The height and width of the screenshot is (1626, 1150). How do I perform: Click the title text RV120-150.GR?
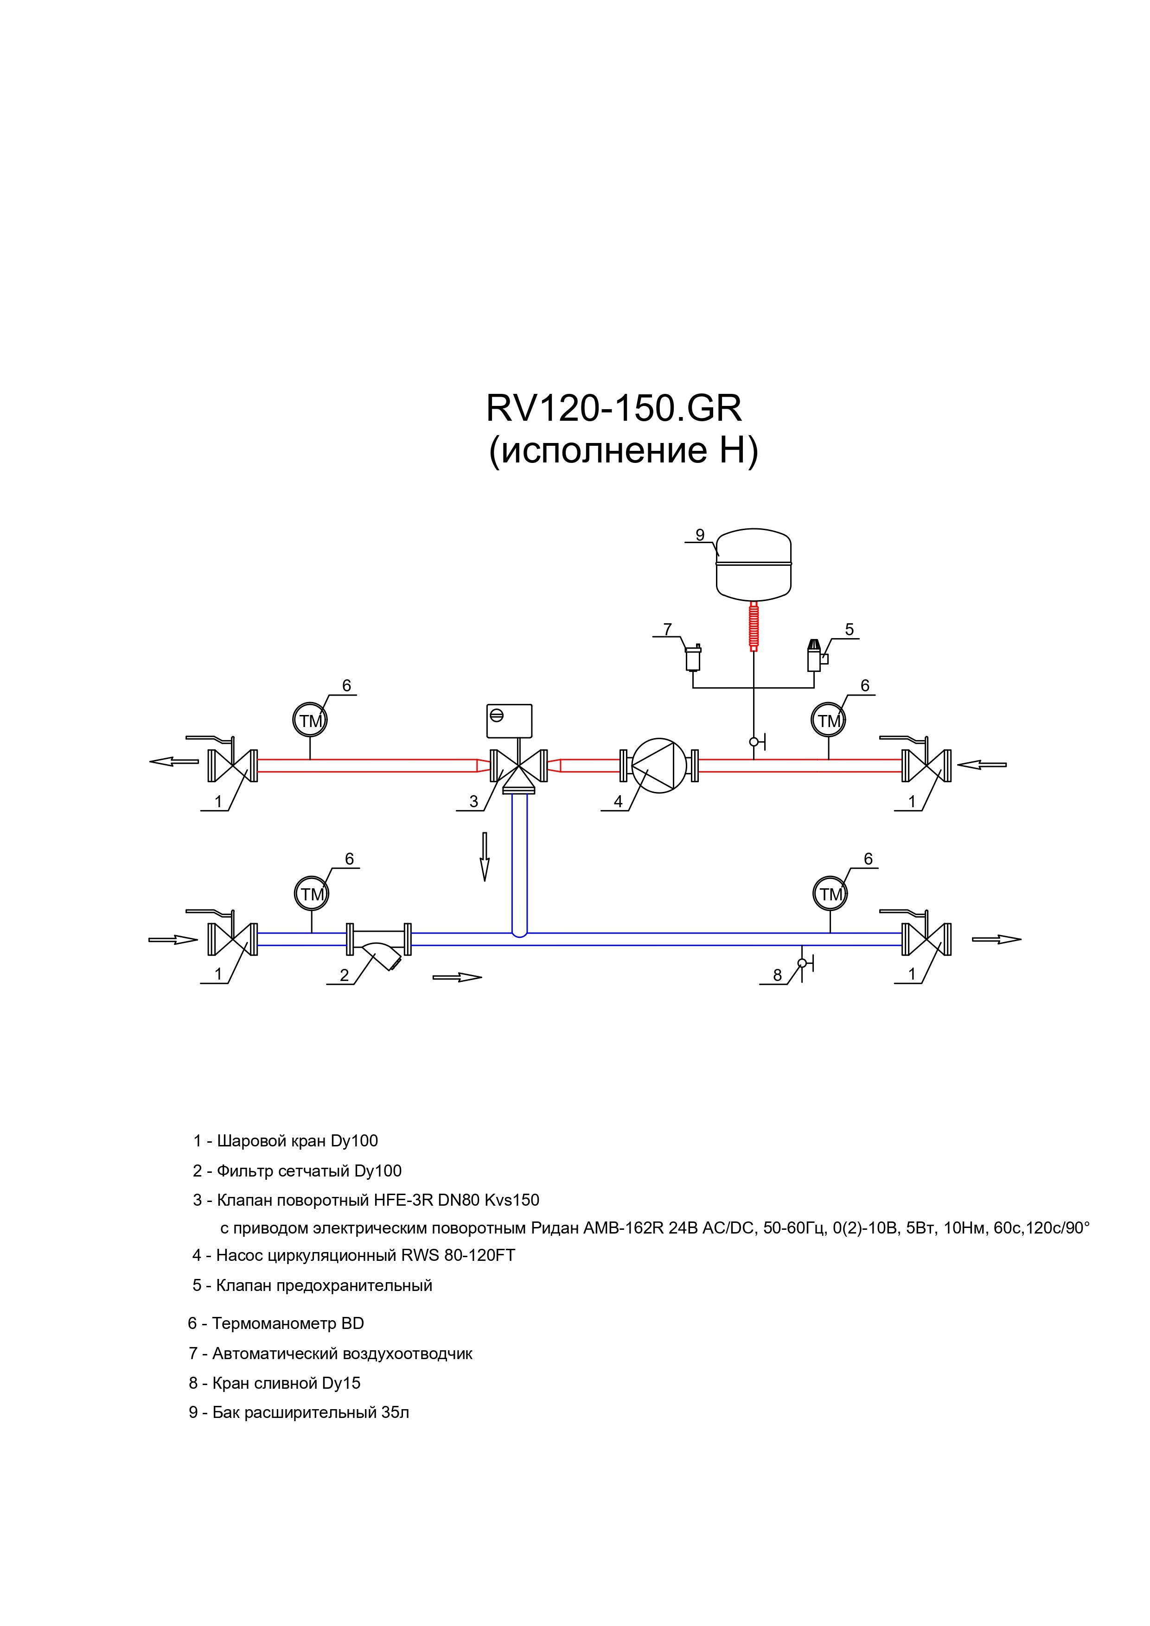click(613, 408)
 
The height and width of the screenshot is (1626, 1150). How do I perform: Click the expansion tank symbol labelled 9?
click(753, 564)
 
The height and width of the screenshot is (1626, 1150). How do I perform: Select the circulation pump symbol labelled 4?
click(659, 766)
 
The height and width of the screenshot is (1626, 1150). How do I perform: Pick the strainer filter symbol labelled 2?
click(379, 945)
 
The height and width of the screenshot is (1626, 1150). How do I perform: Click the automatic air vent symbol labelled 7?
click(693, 657)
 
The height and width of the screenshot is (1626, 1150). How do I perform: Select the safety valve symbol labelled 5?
click(816, 656)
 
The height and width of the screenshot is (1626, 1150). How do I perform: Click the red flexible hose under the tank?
click(753, 625)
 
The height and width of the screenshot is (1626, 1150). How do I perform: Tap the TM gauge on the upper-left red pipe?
click(310, 720)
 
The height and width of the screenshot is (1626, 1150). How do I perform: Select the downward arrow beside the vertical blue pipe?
click(485, 857)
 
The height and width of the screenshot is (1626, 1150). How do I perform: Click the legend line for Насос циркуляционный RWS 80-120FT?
click(353, 1255)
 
